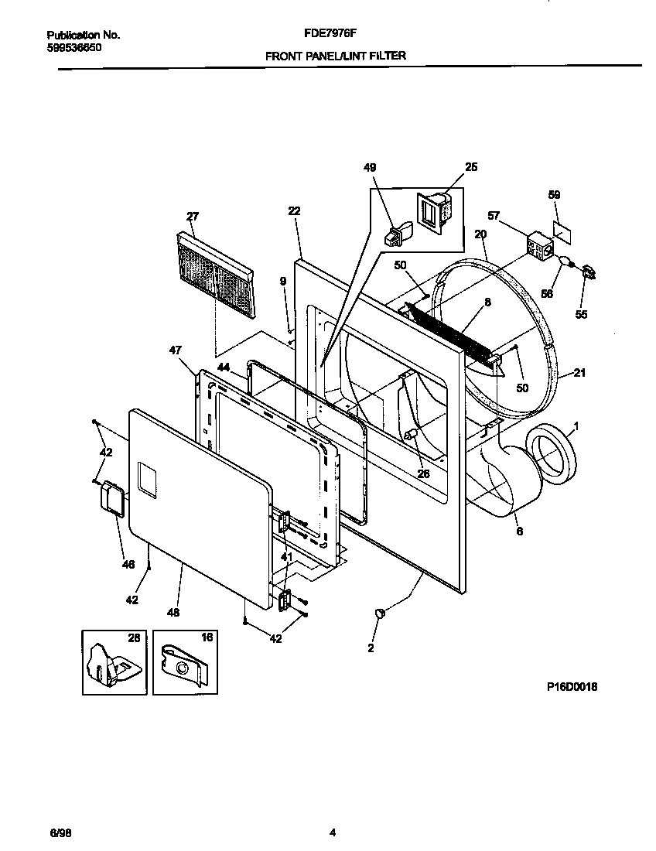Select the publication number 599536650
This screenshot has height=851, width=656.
point(73,47)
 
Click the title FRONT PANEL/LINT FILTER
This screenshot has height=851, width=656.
point(335,56)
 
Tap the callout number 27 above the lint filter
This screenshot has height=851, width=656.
point(193,217)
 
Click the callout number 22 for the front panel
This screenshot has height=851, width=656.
point(294,211)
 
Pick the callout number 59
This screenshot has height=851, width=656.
point(554,195)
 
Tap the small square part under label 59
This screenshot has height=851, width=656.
point(562,230)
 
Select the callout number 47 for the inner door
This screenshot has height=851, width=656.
point(176,350)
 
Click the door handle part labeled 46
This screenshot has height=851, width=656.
point(114,497)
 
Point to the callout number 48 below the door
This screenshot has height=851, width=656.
point(173,612)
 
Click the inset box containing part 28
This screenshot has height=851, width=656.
point(114,661)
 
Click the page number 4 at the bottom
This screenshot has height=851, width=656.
point(332,832)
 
